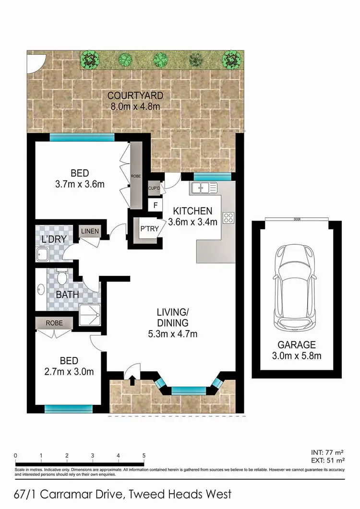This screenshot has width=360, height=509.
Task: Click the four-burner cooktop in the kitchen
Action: pos(228,218)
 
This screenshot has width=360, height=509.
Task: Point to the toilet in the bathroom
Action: pos(61,277)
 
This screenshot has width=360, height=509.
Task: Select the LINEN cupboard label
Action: pos(90,231)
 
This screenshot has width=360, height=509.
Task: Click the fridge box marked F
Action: pos(155,205)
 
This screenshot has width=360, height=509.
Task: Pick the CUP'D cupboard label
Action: pos(154,188)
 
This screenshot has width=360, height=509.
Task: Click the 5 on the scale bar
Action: pos(144,455)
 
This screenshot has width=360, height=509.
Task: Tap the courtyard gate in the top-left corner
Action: pos(35,63)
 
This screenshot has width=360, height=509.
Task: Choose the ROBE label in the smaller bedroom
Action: pos(53,323)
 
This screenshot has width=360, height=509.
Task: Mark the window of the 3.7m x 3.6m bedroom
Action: pos(82,137)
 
